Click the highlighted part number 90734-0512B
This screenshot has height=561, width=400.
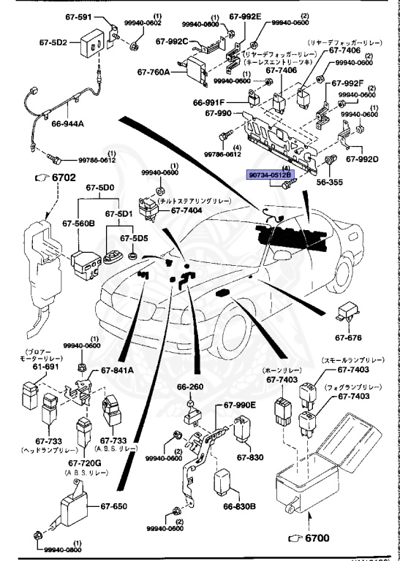(x=269, y=175)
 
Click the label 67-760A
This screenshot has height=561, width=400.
(x=154, y=72)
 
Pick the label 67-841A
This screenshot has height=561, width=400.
(x=117, y=370)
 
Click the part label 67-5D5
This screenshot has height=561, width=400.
(x=135, y=237)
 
